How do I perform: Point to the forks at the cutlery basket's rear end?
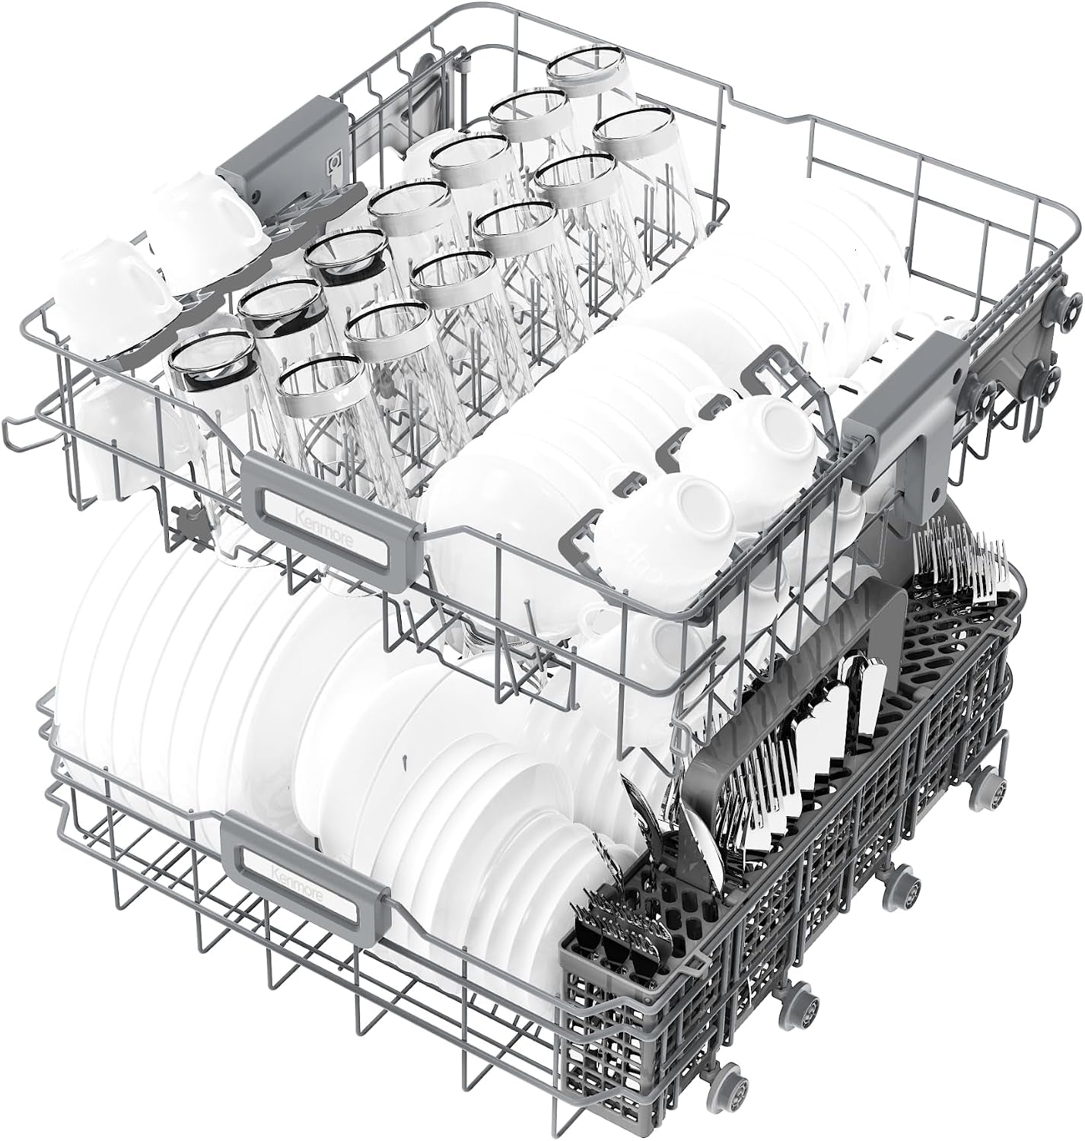point(958,567)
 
